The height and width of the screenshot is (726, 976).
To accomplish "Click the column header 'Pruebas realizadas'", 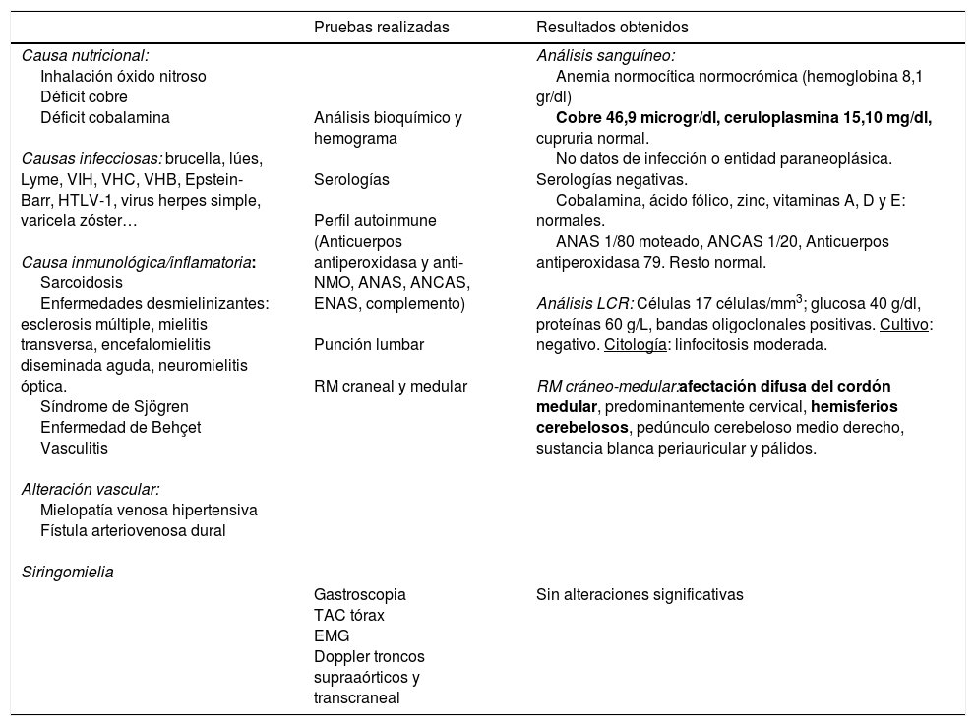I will pyautogui.click(x=381, y=27).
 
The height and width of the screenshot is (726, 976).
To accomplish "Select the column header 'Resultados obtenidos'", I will pyautogui.click(x=612, y=27).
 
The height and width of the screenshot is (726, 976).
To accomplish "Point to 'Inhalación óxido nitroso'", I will pyautogui.click(x=123, y=76).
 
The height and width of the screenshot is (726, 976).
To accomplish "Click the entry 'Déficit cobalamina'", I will pyautogui.click(x=105, y=117).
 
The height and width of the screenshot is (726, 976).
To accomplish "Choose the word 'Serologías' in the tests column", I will pyautogui.click(x=351, y=179).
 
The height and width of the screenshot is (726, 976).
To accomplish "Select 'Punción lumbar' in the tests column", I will pyautogui.click(x=369, y=344).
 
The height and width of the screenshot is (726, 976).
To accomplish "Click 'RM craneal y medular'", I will pyautogui.click(x=390, y=386).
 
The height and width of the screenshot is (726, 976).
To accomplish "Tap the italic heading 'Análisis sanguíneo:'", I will pyautogui.click(x=605, y=56).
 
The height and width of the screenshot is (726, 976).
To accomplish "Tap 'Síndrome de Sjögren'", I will pyautogui.click(x=114, y=406).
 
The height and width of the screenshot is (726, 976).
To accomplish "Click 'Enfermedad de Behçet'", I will pyautogui.click(x=120, y=427).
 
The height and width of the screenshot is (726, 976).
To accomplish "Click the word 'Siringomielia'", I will pyautogui.click(x=67, y=572).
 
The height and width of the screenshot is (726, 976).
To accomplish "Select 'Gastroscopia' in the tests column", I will pyautogui.click(x=359, y=594).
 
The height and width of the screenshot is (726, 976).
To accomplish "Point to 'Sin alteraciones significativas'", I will pyautogui.click(x=640, y=594).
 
